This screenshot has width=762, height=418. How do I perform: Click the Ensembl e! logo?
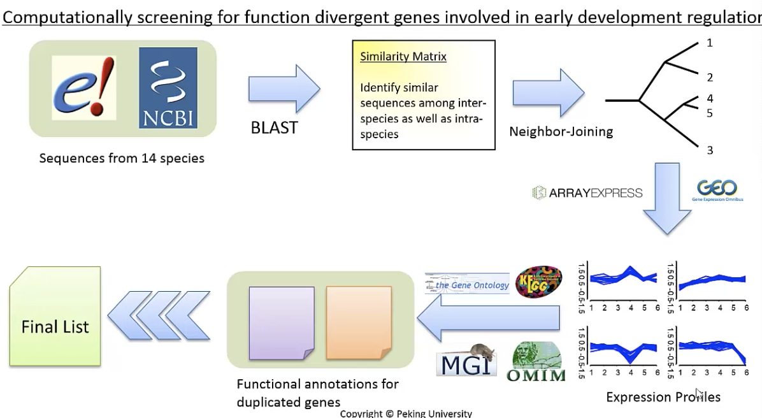click(85, 88)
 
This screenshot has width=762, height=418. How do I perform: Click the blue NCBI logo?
click(168, 88)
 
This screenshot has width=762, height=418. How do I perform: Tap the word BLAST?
click(274, 127)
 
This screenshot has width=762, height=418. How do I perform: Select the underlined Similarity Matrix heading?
click(403, 57)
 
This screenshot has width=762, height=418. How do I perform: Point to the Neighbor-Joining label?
click(561, 132)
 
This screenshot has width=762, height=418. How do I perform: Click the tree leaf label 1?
click(710, 43)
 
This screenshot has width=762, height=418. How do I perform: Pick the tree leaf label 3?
click(710, 150)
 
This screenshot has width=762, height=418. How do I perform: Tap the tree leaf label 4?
click(710, 99)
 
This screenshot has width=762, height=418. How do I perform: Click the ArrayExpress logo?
click(587, 192)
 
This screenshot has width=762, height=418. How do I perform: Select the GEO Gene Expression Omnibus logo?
click(717, 191)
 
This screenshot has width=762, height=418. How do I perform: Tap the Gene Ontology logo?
click(468, 285)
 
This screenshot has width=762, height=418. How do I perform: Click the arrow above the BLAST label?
click(284, 88)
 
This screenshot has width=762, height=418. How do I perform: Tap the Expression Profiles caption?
click(663, 398)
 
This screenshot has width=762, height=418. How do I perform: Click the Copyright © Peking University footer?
click(406, 414)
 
